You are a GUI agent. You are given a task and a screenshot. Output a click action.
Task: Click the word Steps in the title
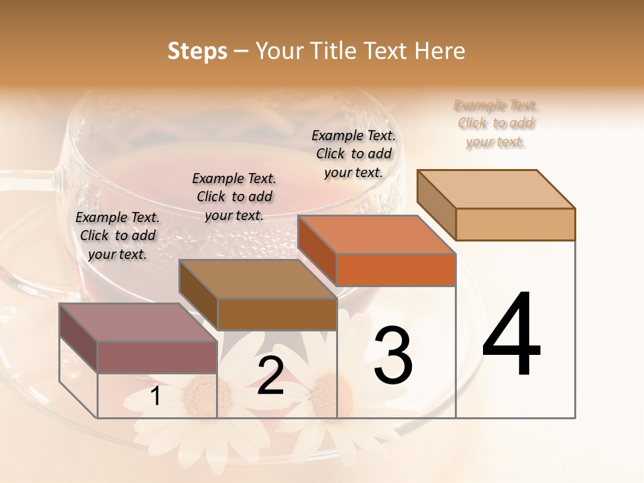pyautogui.click(x=197, y=51)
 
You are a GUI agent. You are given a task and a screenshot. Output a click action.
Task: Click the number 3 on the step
pyautogui.click(x=393, y=355)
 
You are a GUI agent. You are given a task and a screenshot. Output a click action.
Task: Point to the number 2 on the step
pyautogui.click(x=270, y=376)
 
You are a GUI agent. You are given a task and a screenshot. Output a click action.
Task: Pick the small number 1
pyautogui.click(x=156, y=396)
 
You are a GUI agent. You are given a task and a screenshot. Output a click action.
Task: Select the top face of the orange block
pyautogui.click(x=376, y=235)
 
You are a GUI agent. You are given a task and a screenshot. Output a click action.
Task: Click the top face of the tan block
pyautogui.click(x=496, y=189)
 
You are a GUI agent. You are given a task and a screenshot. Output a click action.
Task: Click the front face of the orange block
pyautogui.click(x=396, y=270)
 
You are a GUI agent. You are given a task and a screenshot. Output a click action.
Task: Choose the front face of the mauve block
pyautogui.click(x=157, y=357)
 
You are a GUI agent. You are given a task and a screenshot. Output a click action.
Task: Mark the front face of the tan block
pyautogui.click(x=515, y=224)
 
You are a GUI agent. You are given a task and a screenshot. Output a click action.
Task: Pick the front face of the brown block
pyautogui.click(x=276, y=313)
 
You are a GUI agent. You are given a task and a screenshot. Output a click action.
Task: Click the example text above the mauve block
pyautogui.click(x=117, y=235)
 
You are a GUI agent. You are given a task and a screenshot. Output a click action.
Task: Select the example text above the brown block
pyautogui.click(x=234, y=197)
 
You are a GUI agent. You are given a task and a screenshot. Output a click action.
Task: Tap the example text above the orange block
pyautogui.click(x=354, y=154)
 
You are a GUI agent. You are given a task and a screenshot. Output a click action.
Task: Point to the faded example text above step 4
pyautogui.click(x=496, y=123)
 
